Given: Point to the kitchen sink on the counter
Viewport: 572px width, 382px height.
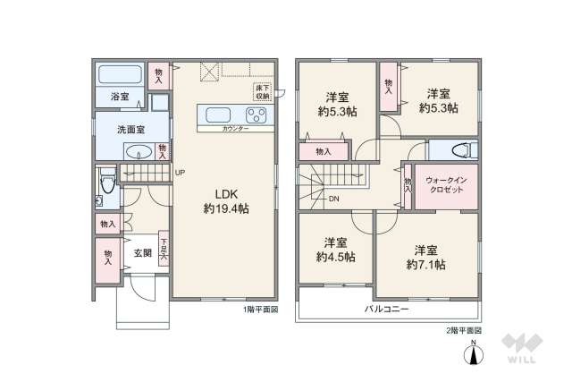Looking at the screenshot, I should pyautogui.click(x=220, y=115).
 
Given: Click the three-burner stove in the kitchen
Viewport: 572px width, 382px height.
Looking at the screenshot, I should pyautogui.click(x=256, y=115).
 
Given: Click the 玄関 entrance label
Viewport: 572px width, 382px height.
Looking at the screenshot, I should pyautogui.click(x=143, y=253).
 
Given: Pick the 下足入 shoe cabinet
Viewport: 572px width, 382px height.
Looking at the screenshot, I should pyautogui.click(x=164, y=249).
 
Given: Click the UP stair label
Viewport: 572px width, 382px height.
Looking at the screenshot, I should pyautogui.click(x=179, y=173).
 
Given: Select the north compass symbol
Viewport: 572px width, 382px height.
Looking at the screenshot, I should pyautogui.click(x=472, y=355).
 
